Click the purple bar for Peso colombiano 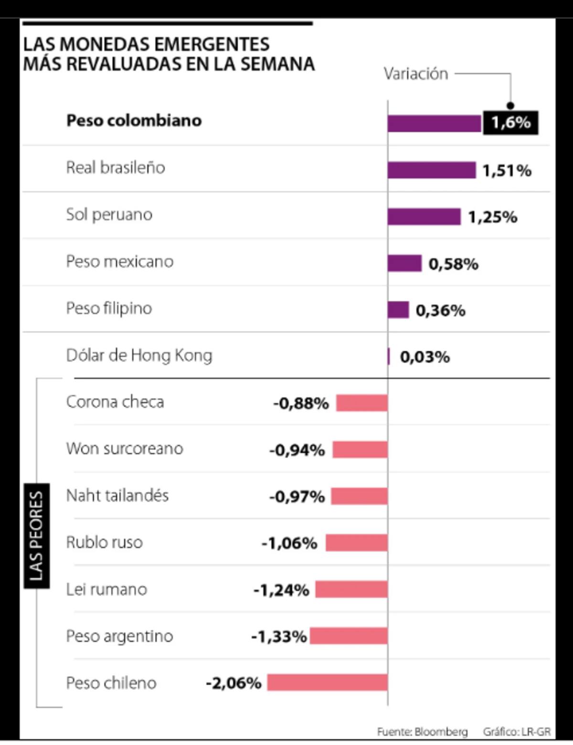point(434,123)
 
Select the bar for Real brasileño point(431,170)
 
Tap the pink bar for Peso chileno point(328,682)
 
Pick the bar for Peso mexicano point(404,263)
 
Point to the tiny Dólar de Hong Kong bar point(389,356)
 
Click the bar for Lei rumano point(351,590)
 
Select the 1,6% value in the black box point(510,123)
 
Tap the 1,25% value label point(492,217)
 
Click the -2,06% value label point(233,683)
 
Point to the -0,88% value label point(301,403)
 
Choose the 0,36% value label point(440,311)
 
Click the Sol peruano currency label point(109,215)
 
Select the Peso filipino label point(109,308)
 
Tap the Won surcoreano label point(125,449)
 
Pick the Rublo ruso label point(104,542)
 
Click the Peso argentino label point(119,636)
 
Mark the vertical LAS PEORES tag point(36,535)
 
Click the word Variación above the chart point(416,74)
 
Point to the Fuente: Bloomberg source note point(422,732)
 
